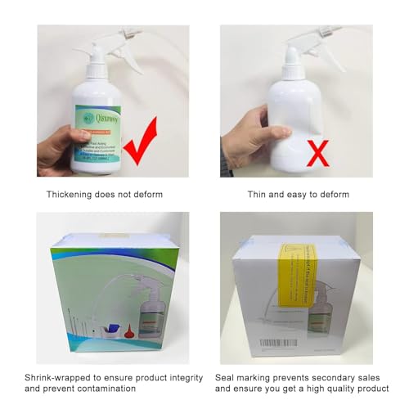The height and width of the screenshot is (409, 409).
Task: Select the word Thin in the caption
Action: (258, 195)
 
